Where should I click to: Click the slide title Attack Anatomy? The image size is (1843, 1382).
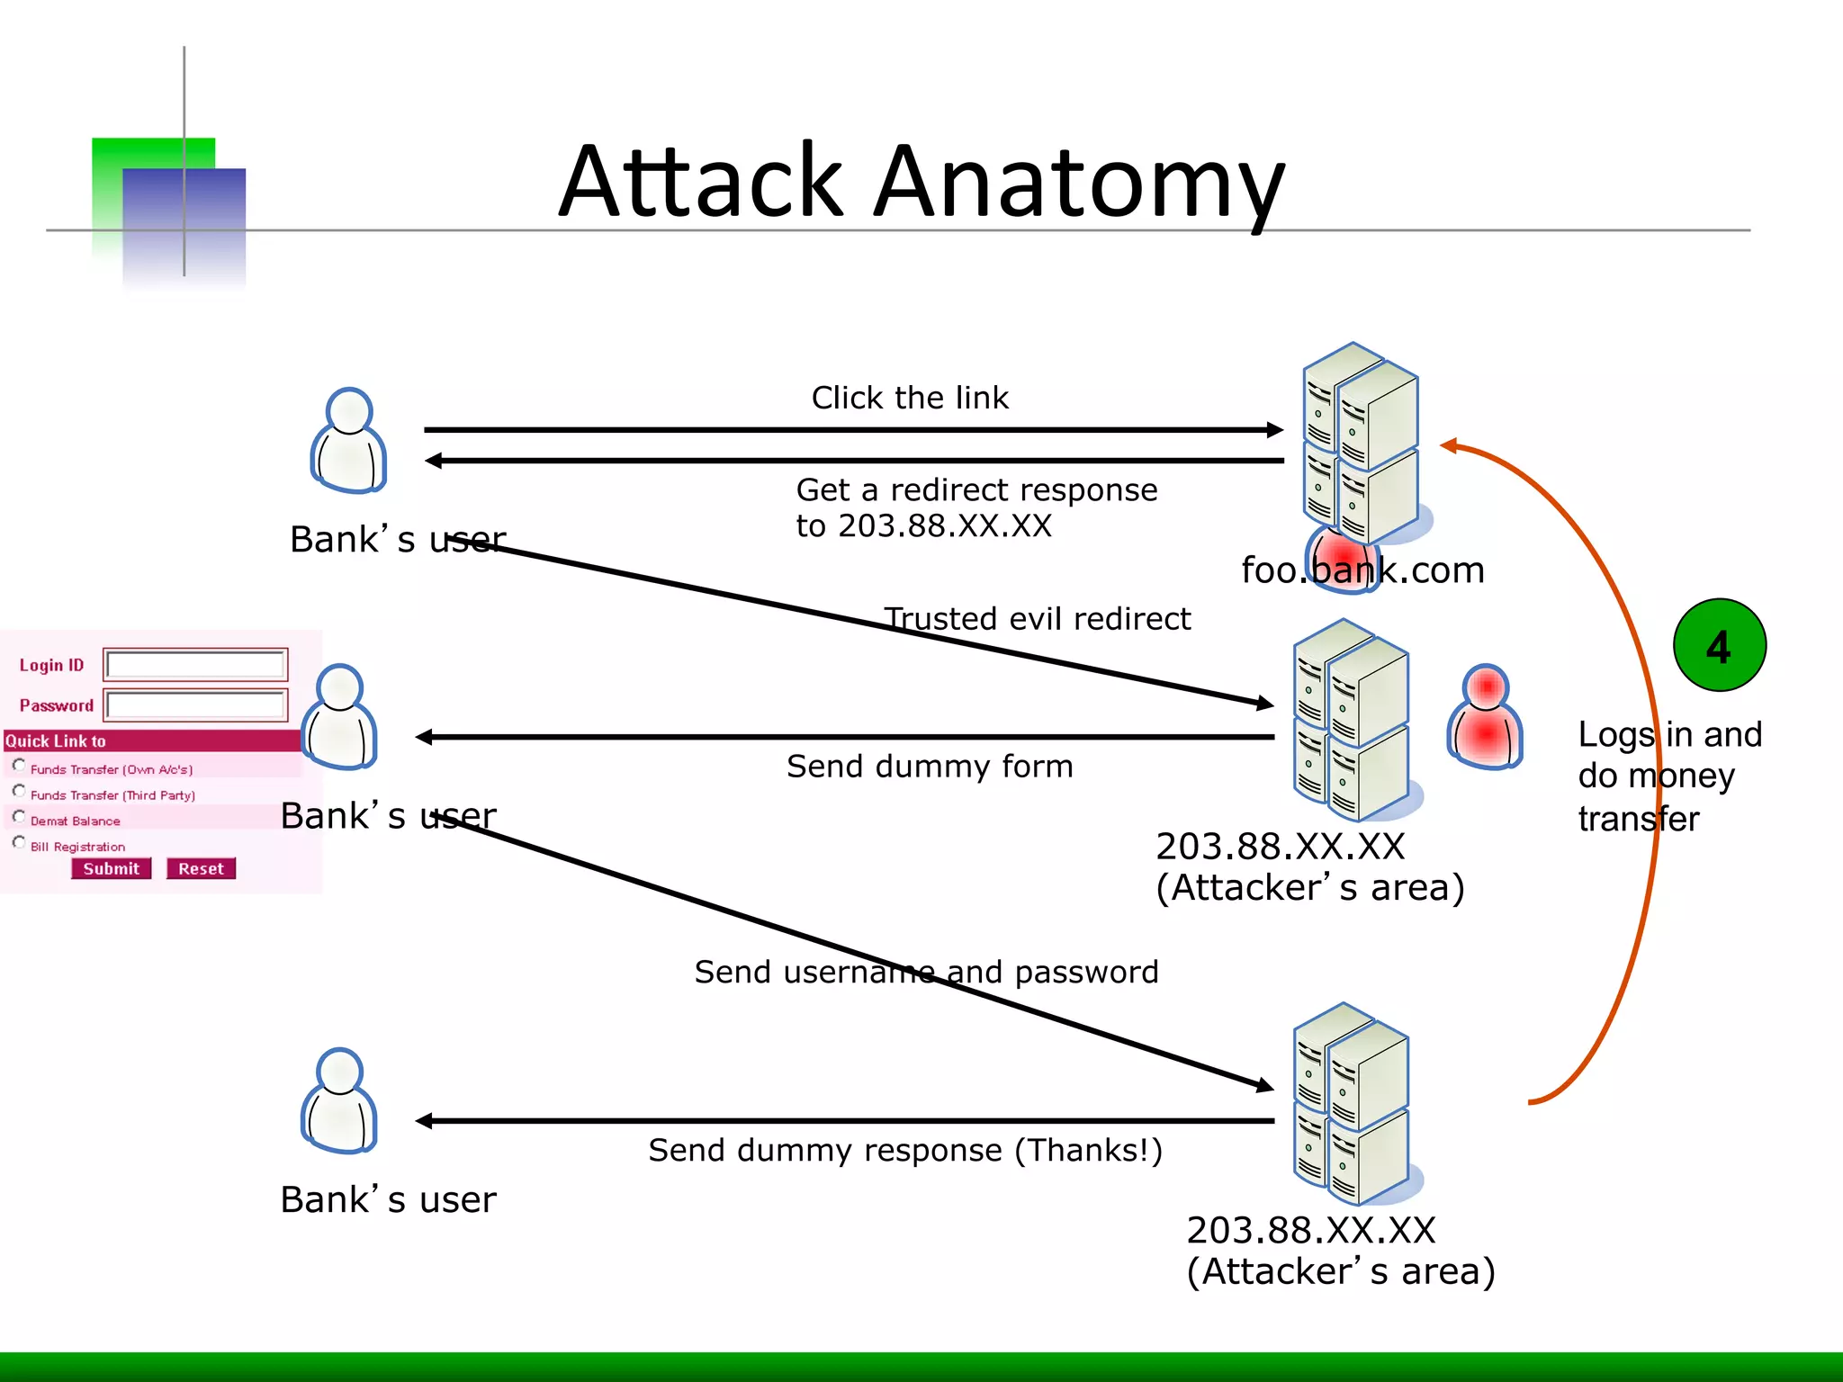click(x=921, y=182)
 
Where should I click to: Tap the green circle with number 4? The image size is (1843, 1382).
click(x=1719, y=645)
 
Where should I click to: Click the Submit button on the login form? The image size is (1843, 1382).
click(x=111, y=868)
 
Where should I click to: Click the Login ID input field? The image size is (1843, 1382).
click(x=195, y=665)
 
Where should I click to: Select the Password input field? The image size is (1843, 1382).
click(x=195, y=704)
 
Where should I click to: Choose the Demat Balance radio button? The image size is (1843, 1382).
click(x=19, y=817)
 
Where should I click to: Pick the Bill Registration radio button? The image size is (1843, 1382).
click(x=19, y=843)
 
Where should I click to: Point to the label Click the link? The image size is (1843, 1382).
click(x=910, y=398)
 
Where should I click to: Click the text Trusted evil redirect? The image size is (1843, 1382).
click(x=1037, y=619)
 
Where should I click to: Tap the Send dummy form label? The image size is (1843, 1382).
click(x=930, y=767)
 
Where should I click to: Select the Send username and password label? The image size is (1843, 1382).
click(x=926, y=972)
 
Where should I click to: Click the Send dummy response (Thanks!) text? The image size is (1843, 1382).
click(x=905, y=1150)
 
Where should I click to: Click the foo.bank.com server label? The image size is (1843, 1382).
click(x=1362, y=570)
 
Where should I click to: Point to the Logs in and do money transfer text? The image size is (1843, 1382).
click(x=1668, y=776)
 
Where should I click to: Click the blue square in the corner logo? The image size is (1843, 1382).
click(x=184, y=225)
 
